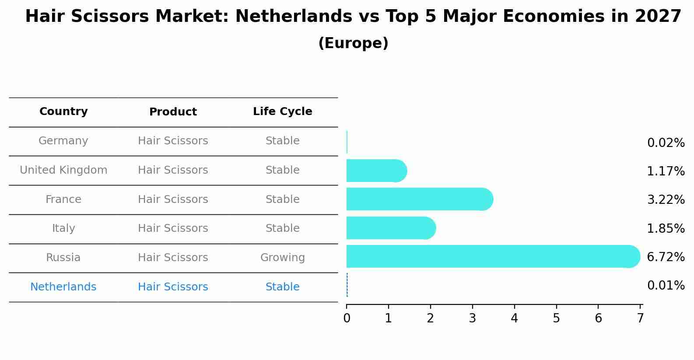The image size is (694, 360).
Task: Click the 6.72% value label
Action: [x=666, y=257]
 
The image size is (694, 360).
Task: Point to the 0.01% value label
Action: [x=666, y=286]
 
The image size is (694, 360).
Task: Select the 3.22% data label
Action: [x=666, y=199]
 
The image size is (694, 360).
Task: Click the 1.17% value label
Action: [x=666, y=171]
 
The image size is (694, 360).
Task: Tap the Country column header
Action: [x=63, y=112]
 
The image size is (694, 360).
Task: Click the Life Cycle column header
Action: [x=282, y=112]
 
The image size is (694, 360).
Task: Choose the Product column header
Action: [x=173, y=112]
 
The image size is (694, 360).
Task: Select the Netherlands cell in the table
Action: [x=63, y=287]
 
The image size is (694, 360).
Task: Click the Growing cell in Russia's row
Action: [x=282, y=258]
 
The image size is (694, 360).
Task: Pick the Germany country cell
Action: [x=63, y=141]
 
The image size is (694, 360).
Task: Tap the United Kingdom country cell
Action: [x=63, y=170]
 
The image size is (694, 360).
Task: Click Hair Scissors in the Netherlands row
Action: [x=173, y=287]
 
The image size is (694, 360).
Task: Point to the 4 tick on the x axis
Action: [x=514, y=318]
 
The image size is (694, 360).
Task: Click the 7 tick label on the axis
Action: [x=640, y=318]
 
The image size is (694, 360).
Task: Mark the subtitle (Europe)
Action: [x=353, y=43]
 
